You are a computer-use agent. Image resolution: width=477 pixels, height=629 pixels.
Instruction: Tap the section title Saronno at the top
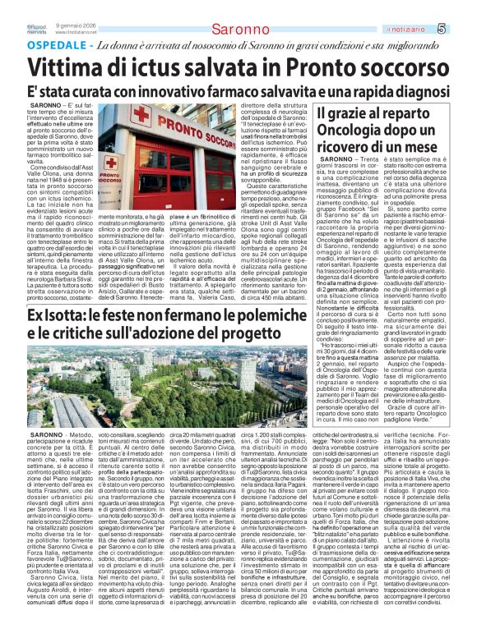[x=238, y=30]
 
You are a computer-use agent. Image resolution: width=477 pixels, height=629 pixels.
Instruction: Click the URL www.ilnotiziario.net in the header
[x=79, y=32]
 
